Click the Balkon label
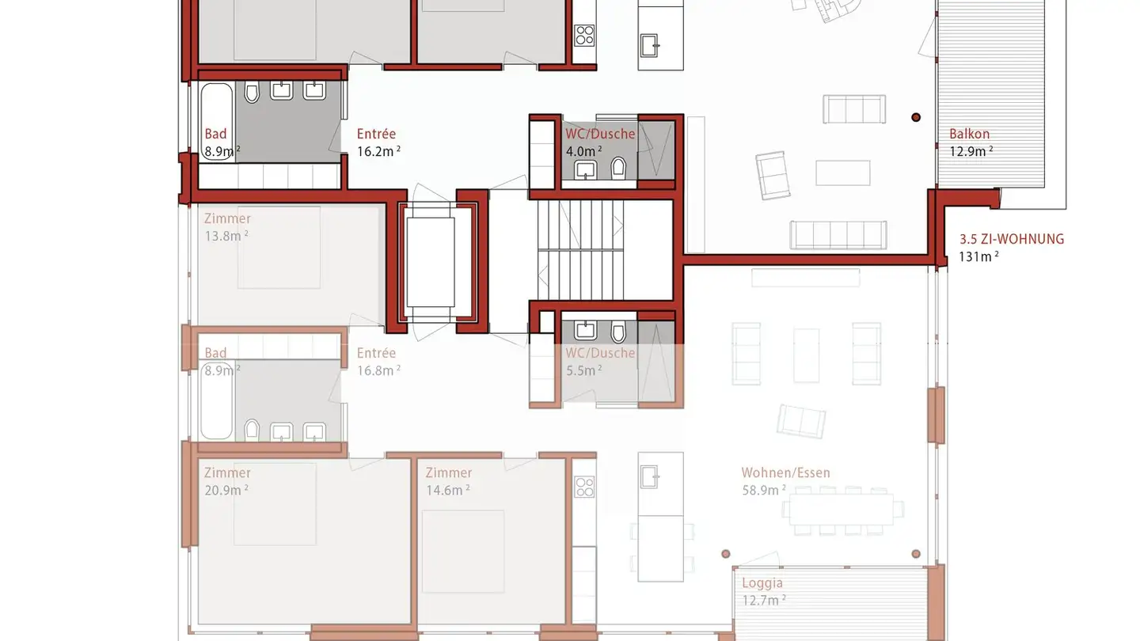point(969,135)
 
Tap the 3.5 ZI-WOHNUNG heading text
point(1011,239)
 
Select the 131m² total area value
point(978,256)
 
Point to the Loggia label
point(762,583)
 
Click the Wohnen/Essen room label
point(785,473)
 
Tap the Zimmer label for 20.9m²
point(227,473)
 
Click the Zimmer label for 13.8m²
point(227,218)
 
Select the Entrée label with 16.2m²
point(376,135)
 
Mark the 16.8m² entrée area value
point(378,370)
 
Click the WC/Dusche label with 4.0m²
point(599,134)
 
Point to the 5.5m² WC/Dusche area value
point(583,370)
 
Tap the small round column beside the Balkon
point(916,117)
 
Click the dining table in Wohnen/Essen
point(841,510)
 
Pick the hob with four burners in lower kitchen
point(584,487)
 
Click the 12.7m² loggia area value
point(763,600)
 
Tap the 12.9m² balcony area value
point(971,152)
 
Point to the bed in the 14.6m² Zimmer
point(462,549)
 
